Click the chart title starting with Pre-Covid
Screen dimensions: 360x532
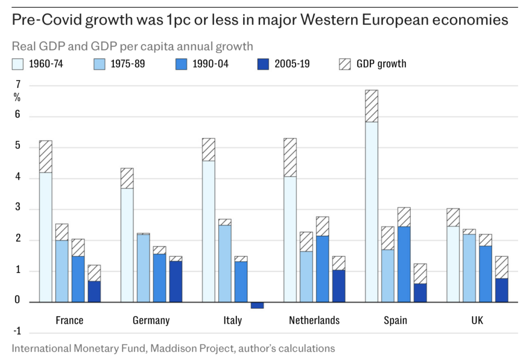tap(259, 21)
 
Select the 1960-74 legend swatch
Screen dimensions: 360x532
tap(18, 64)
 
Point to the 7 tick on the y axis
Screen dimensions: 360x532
tap(18, 85)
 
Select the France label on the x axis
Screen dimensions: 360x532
tap(69, 321)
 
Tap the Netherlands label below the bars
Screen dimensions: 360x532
tap(314, 321)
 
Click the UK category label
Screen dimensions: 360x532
tap(477, 321)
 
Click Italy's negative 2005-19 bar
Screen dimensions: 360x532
tap(257, 305)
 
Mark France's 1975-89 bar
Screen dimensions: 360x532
tap(62, 271)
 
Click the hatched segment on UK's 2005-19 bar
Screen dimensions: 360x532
tap(501, 268)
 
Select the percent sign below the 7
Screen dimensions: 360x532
tap(17, 98)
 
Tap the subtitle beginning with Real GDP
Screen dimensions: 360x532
tap(132, 46)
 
